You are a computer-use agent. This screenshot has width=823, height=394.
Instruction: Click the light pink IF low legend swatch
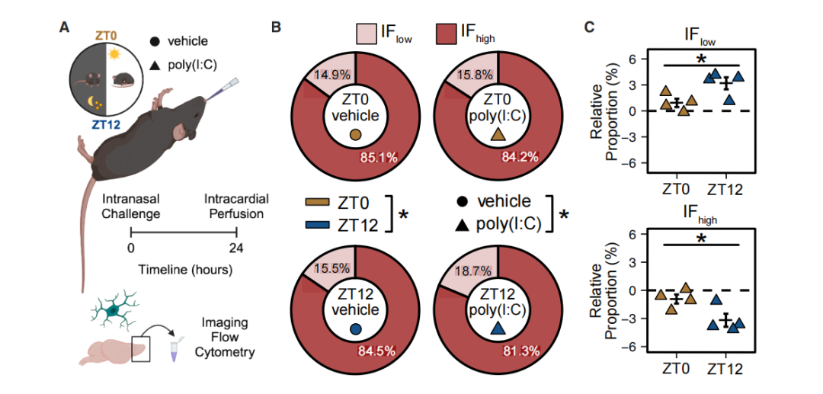coord(369,34)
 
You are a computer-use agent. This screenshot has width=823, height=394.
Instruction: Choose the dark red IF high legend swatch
coord(450,34)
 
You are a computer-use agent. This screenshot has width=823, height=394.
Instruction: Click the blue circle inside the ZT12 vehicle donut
coord(355,328)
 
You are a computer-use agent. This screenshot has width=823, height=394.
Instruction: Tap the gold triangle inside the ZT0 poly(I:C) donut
coord(498,135)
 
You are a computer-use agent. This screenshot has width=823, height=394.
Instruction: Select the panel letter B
coord(277,27)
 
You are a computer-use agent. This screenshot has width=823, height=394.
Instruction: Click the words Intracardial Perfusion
coord(236,207)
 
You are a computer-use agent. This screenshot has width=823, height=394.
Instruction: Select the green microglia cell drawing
coord(114,309)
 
